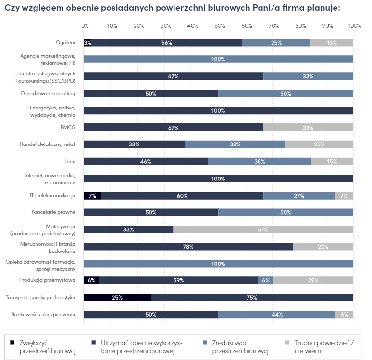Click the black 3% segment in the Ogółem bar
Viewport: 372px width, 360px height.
[87, 43]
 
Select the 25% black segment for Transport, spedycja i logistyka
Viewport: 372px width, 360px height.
[117, 298]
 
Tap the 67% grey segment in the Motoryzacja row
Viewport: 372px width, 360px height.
[263, 229]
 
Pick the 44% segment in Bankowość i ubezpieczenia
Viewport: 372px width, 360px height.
[276, 315]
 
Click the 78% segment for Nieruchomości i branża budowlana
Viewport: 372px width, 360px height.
[188, 247]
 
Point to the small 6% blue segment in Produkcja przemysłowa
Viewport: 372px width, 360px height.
[265, 280]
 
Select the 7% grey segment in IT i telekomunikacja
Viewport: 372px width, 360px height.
[344, 196]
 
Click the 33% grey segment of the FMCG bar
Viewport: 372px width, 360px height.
[308, 128]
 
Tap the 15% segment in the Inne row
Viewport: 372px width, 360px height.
[332, 162]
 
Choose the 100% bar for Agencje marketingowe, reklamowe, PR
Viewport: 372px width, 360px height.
[218, 60]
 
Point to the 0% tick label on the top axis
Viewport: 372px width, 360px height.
[85, 25]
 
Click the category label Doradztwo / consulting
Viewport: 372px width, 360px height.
[48, 93]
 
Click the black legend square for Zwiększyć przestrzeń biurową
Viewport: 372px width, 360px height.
[12, 343]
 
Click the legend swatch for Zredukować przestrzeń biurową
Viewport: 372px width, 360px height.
[204, 343]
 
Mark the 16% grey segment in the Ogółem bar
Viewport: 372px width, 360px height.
[332, 43]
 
